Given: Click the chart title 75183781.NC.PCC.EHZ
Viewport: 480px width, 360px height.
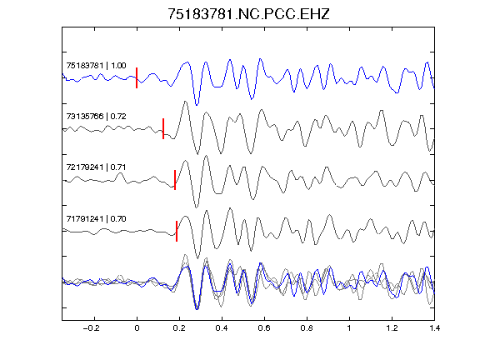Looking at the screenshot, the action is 248,14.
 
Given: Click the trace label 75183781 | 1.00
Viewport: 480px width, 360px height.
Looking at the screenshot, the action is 96,66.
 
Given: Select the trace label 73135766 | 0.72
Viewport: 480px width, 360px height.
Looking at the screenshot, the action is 96,117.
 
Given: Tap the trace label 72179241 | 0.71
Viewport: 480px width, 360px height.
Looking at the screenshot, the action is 96,167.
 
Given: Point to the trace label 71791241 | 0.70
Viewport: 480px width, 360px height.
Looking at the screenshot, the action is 96,218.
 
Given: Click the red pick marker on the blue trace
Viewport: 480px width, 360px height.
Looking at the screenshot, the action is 137,77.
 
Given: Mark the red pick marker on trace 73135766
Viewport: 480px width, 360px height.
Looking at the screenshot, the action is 163,128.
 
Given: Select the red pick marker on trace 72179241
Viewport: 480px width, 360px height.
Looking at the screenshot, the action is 175,180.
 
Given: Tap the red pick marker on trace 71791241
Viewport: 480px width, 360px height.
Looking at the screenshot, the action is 177,231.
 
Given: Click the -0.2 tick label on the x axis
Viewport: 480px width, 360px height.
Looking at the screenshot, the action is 92,328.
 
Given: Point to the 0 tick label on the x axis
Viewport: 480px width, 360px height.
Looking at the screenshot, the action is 137,328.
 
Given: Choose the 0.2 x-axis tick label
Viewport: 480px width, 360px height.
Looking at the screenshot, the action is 179,328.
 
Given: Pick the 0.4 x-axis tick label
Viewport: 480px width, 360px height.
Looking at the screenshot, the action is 222,328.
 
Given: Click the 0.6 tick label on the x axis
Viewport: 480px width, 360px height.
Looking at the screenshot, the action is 264,328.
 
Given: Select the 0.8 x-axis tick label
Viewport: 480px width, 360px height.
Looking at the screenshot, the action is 307,328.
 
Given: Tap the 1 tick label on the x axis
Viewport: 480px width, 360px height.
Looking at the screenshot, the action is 349,328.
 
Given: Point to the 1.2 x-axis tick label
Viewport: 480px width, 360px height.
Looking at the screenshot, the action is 392,328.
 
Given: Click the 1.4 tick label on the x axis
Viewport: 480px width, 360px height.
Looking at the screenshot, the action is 434,328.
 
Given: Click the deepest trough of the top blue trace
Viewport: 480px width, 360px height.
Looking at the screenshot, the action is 197,105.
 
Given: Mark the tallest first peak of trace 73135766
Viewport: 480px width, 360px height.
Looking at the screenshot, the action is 185,102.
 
